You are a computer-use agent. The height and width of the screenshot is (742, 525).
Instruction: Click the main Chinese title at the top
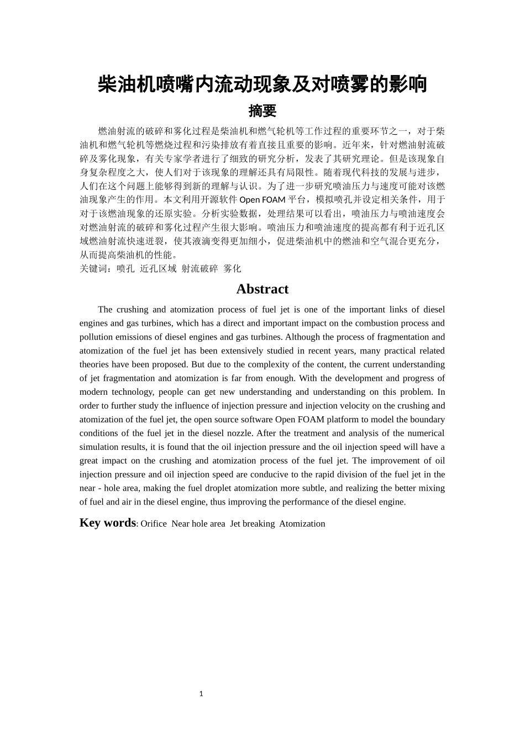(262, 84)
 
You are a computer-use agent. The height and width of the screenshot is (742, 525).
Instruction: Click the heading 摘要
(262, 111)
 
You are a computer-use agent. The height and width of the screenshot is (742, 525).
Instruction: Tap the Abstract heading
(262, 289)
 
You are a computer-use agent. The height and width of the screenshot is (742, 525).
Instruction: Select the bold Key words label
(107, 523)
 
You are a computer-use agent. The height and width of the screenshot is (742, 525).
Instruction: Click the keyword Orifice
(154, 524)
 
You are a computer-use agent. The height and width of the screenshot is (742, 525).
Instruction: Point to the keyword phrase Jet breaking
(252, 524)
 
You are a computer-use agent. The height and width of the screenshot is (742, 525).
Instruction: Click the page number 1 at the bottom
(201, 694)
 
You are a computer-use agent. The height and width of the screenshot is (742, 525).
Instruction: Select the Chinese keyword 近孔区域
(158, 269)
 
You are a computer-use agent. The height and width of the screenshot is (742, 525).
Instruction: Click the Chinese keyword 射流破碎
(200, 269)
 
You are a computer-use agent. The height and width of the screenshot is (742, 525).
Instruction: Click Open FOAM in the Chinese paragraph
(262, 200)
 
